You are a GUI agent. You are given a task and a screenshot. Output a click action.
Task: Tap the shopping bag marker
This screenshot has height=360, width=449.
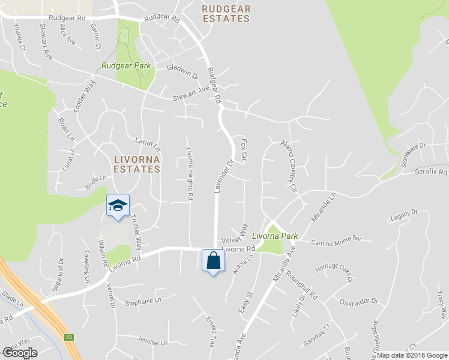point(213,260)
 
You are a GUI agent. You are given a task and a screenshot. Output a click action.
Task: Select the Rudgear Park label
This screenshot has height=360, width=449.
point(126,65)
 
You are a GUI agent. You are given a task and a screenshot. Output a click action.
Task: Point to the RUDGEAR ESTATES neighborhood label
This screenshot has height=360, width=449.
point(226,14)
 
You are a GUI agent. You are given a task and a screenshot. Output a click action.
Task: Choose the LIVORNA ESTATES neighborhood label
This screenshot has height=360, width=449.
point(137,164)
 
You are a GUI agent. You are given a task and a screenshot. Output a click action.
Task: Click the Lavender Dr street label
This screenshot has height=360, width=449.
point(223,176)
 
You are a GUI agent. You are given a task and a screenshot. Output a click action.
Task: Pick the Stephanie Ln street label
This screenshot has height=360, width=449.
point(143,301)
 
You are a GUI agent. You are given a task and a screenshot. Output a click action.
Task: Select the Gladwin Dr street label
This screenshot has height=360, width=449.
point(182,72)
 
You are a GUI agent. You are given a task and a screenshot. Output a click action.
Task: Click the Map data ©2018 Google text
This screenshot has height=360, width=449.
point(411,355)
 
